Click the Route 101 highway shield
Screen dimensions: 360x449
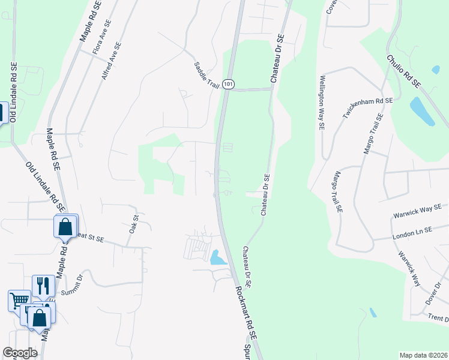pyautogui.click(x=228, y=85)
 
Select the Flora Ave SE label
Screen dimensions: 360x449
pyautogui.click(x=103, y=37)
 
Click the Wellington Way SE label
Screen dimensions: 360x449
pyautogui.click(x=322, y=103)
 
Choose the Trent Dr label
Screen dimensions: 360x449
pyautogui.click(x=438, y=318)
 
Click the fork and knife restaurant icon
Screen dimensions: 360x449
pyautogui.click(x=43, y=285)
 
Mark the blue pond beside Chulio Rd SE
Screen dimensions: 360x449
pyautogui.click(x=423, y=112)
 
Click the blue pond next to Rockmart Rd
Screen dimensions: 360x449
pyautogui.click(x=218, y=258)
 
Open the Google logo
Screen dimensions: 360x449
pyautogui.click(x=20, y=353)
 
